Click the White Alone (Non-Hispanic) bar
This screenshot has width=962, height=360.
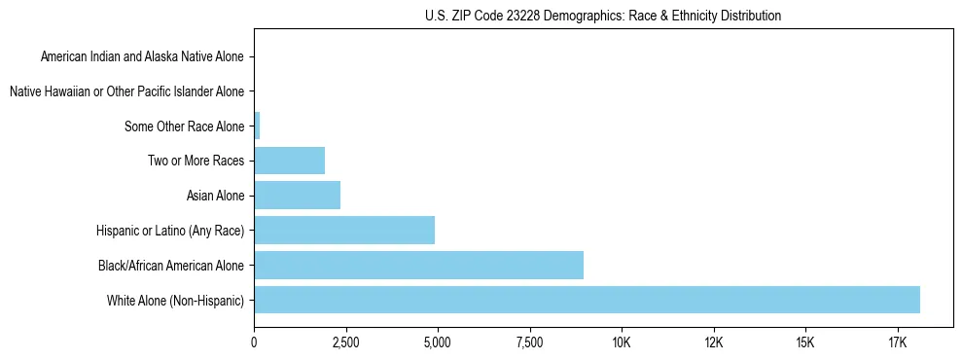point(587,300)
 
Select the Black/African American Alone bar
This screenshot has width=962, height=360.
point(418,265)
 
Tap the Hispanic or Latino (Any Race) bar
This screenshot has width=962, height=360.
point(344,230)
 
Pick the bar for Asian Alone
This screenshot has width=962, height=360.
point(297,196)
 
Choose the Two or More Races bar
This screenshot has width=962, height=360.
point(289,161)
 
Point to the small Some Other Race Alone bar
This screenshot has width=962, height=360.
point(257,126)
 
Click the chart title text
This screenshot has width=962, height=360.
point(603,17)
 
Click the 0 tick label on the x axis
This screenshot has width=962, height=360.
point(254,342)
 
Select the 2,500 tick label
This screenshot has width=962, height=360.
point(345,342)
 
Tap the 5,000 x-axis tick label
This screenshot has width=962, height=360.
point(438,342)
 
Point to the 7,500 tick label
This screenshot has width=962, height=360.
point(529,342)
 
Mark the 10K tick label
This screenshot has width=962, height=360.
point(622,342)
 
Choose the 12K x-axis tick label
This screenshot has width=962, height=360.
point(713,342)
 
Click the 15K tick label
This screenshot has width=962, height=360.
point(805,342)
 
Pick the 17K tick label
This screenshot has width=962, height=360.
point(897,342)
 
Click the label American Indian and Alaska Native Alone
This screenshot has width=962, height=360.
point(143,57)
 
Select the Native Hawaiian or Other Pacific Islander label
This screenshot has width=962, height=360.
point(127,92)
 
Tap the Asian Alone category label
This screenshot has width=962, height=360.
point(216,196)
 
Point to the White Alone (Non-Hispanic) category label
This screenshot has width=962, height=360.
point(176,300)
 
